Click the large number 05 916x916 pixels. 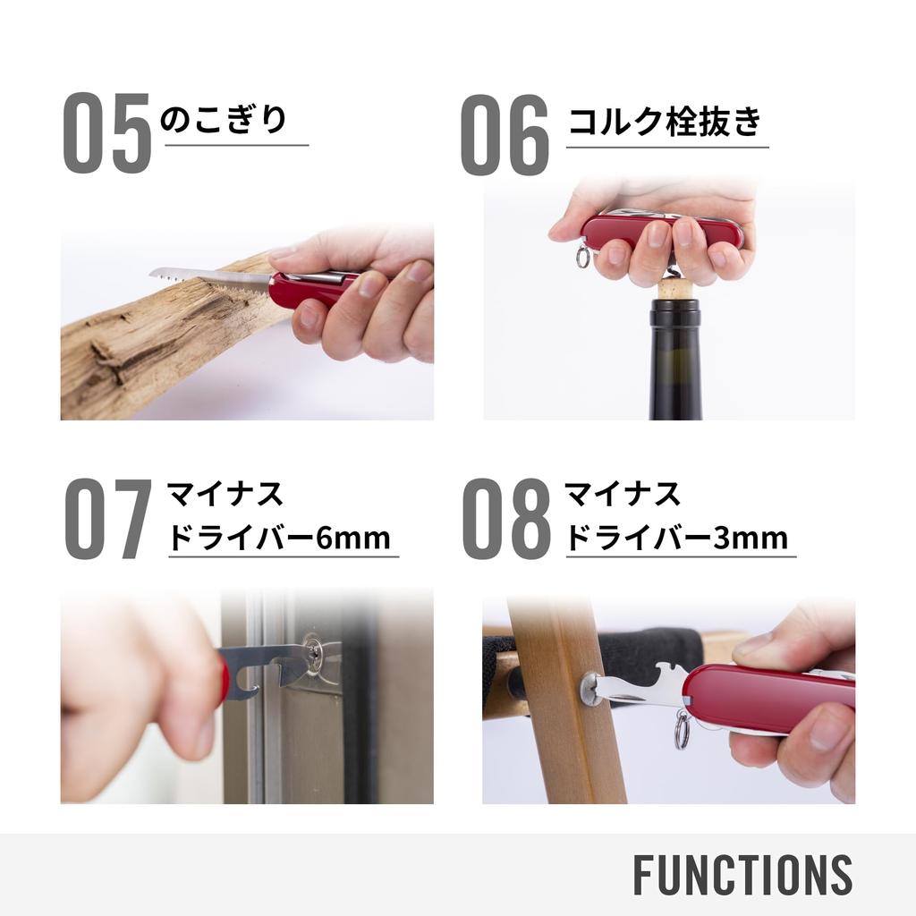point(106,134)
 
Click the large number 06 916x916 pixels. point(505,134)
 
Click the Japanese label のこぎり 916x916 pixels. point(224,120)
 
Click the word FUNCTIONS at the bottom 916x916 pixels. point(742,875)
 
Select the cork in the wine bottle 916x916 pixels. point(675,289)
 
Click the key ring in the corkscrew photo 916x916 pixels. point(583,259)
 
